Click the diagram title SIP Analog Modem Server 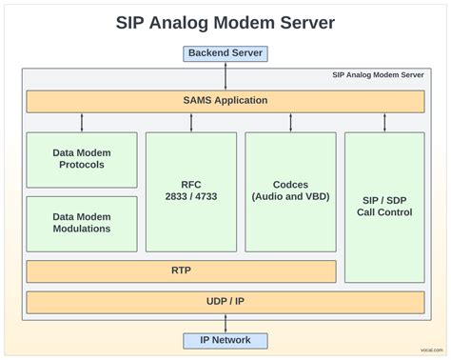[225, 21]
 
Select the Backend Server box [225, 53]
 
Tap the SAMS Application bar [225, 100]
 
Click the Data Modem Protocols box [81, 158]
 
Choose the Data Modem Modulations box [81, 222]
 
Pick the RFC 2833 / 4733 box [190, 190]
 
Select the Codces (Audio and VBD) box [290, 190]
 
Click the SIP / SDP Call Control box [384, 206]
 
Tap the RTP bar [181, 270]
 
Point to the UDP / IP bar [225, 302]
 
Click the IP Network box [225, 340]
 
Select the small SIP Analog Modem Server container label [378, 74]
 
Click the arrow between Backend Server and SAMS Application [225, 75]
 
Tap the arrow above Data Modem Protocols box [82, 122]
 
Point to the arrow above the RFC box [190, 122]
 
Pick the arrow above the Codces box [290, 122]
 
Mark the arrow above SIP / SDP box [384, 122]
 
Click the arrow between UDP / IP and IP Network [225, 323]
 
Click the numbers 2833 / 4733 [190, 197]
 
